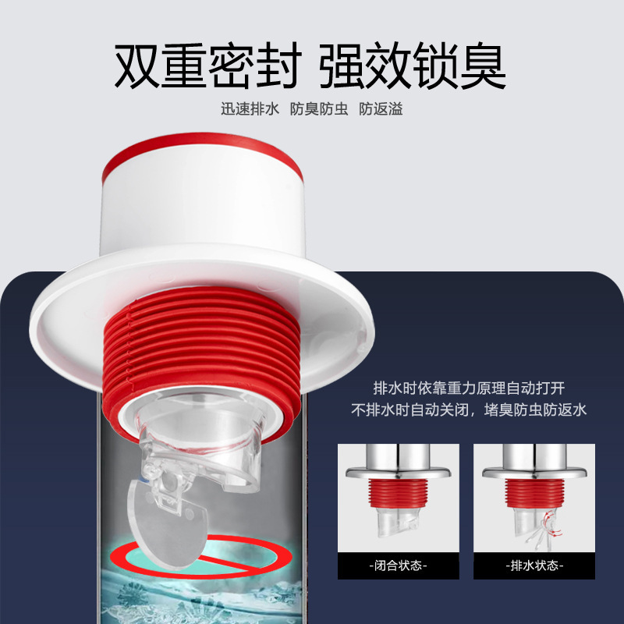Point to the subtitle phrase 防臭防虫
tap(319, 109)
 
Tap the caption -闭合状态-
tap(399, 565)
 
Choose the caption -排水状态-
tap(534, 565)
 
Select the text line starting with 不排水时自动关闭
tap(468, 409)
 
